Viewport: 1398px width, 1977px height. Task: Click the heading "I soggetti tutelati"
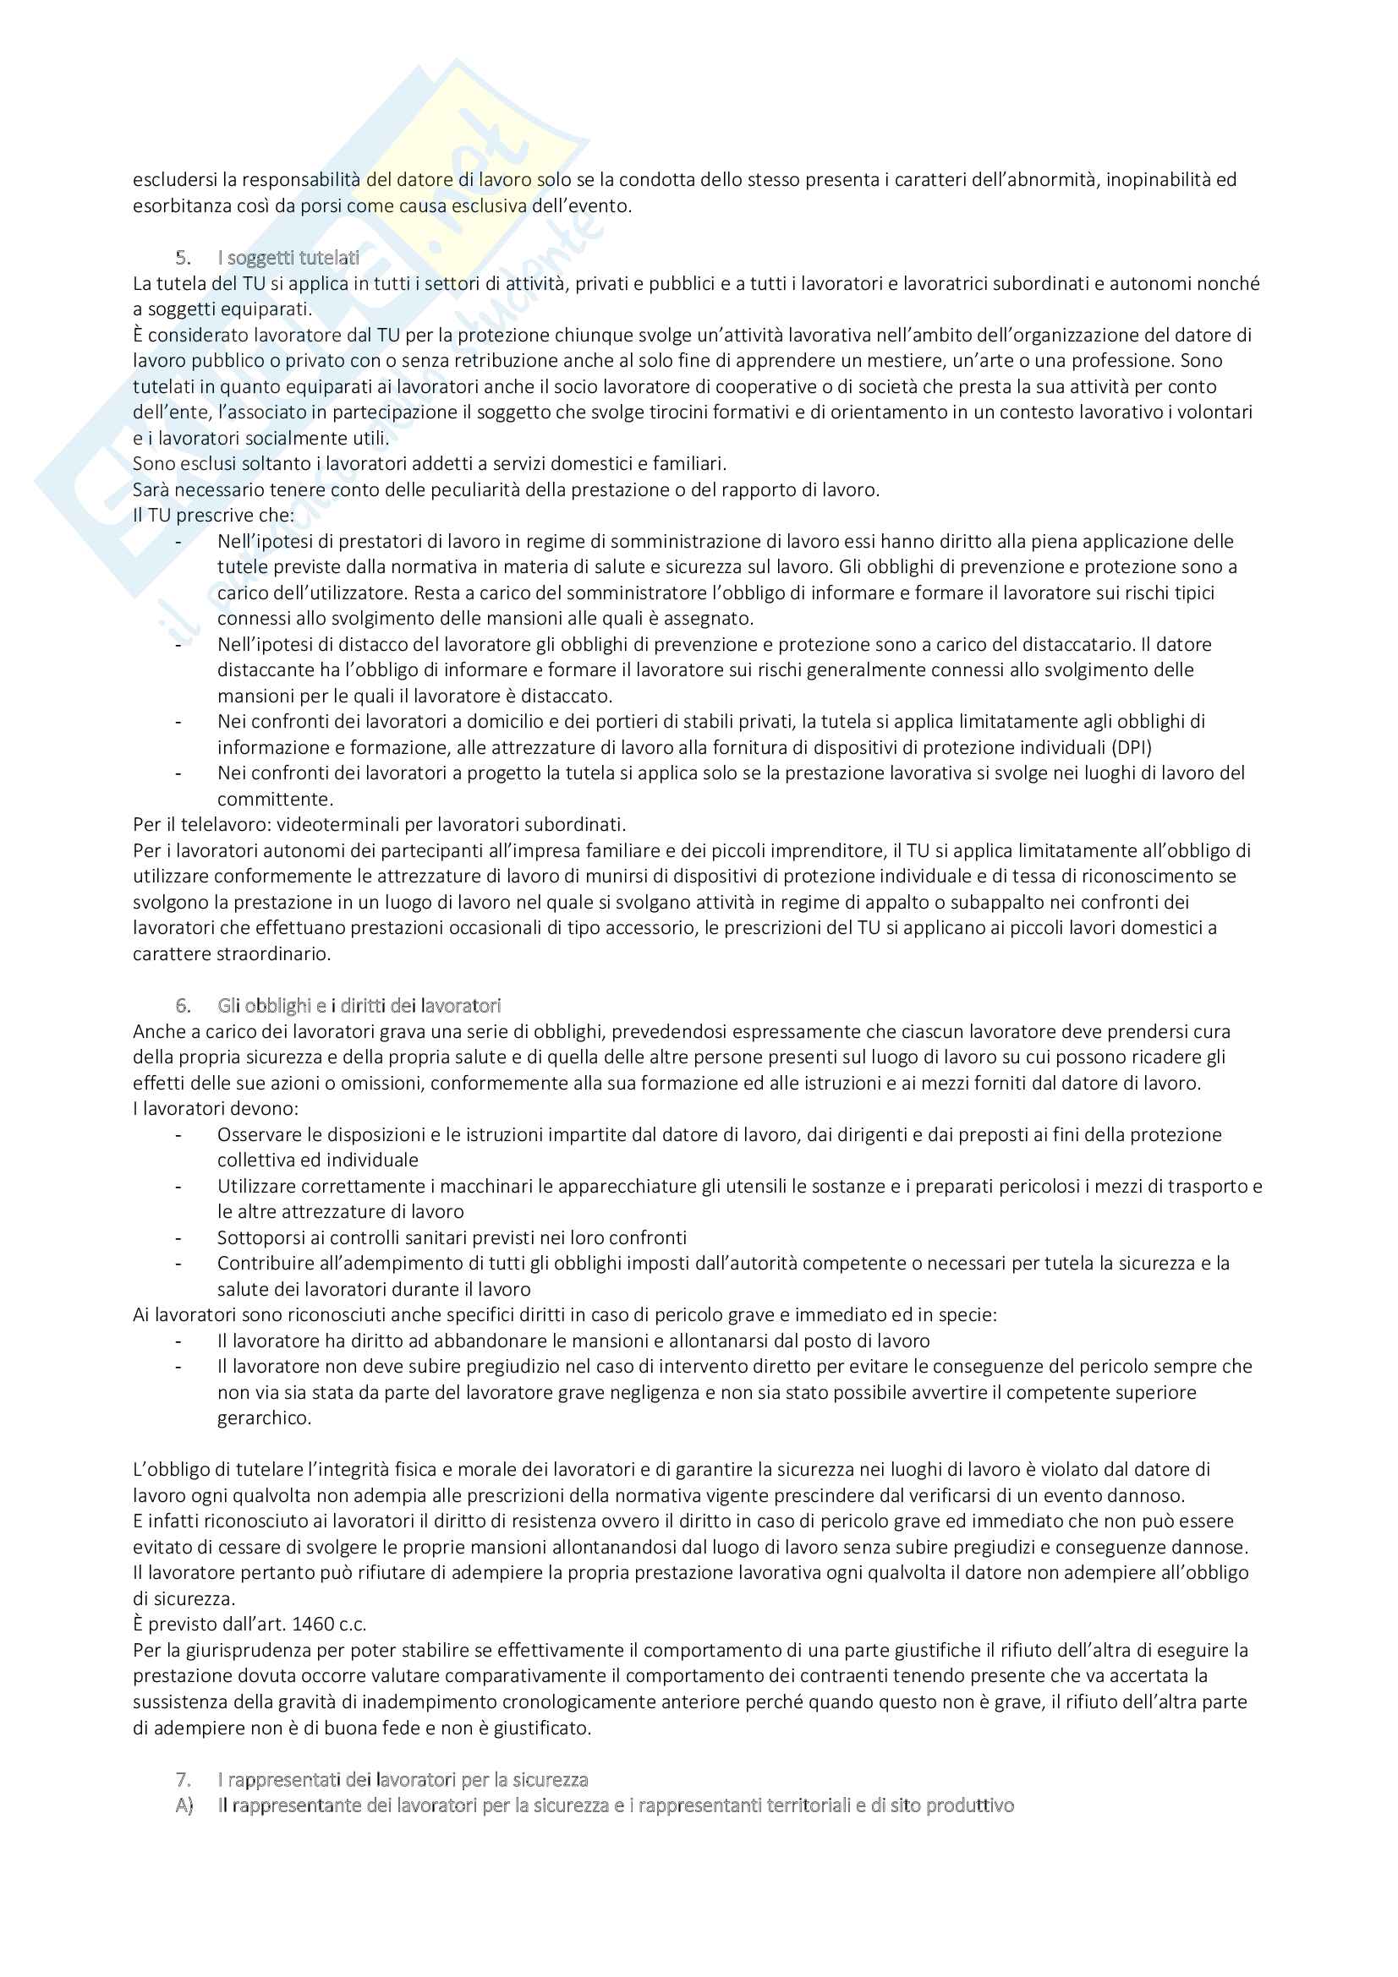288,258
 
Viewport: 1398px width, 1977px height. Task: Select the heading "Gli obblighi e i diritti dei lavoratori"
359,1006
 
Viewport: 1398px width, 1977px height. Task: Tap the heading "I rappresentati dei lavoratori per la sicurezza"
403,1780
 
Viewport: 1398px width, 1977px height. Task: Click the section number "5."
183,258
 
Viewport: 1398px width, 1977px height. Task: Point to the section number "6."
183,1006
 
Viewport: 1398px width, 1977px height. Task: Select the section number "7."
183,1780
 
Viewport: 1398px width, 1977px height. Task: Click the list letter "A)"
184,1805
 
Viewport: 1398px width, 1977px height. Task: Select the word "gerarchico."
264,1418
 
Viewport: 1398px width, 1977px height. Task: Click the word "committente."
275,799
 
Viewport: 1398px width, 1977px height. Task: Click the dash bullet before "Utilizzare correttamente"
178,1187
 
